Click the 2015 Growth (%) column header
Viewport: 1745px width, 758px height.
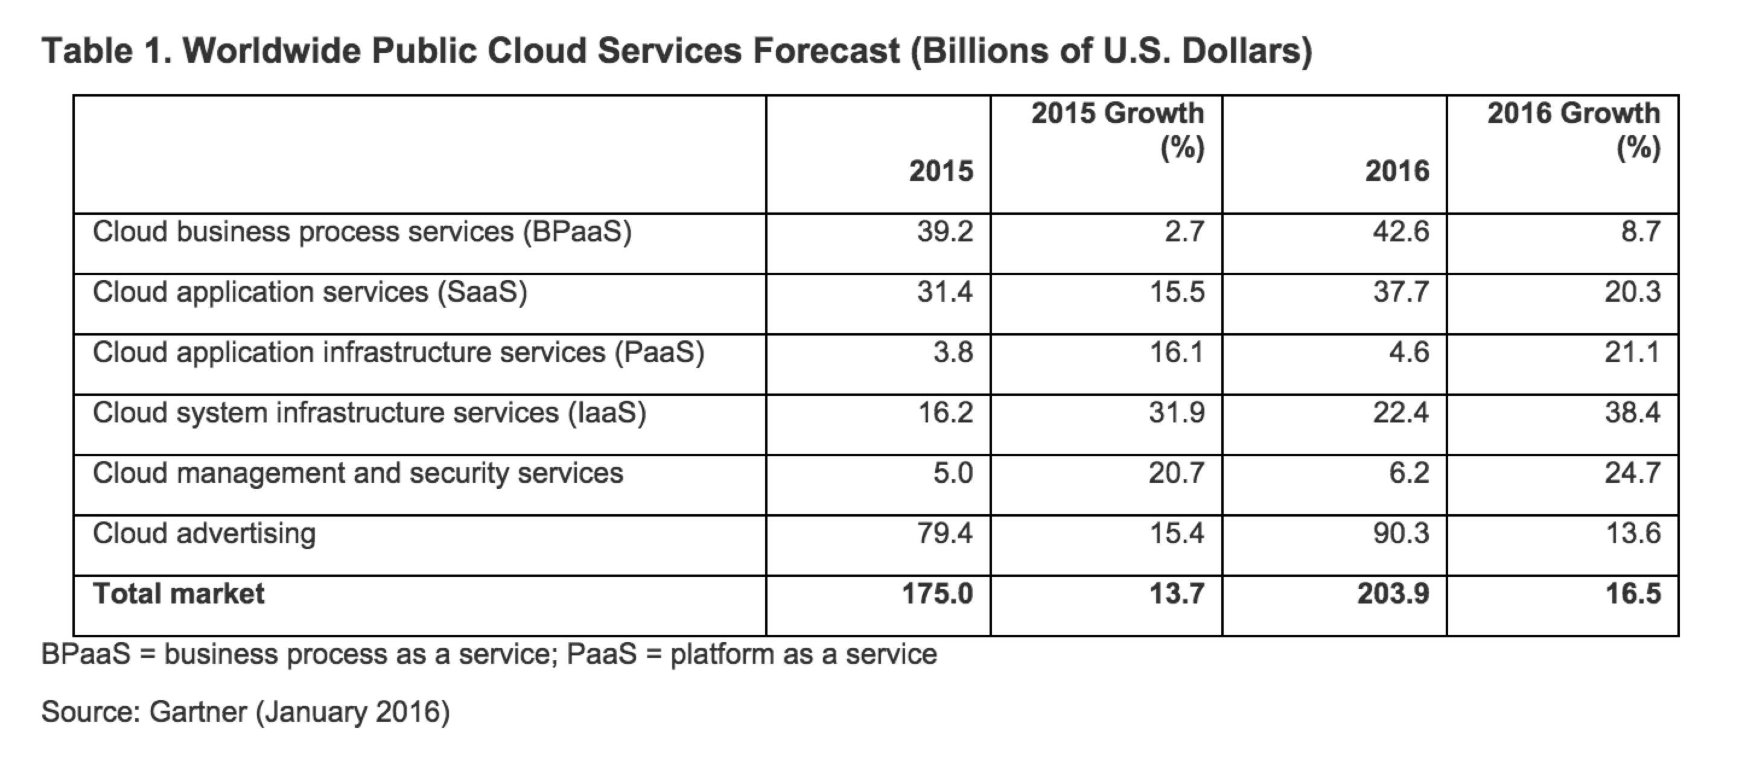pos(1117,130)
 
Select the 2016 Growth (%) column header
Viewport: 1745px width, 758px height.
pos(1574,130)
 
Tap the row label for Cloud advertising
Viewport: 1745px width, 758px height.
pos(204,533)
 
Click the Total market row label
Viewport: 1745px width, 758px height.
pos(178,594)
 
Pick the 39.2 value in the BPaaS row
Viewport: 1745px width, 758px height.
pos(945,232)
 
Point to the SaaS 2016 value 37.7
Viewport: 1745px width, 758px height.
pos(1401,292)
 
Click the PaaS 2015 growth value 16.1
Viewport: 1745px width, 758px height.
pos(1177,352)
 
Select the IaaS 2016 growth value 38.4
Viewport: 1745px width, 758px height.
pos(1633,413)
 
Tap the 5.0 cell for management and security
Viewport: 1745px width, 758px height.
pos(953,473)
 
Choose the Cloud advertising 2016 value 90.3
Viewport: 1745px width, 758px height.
pos(1401,533)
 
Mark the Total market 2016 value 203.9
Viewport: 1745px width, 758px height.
pos(1393,594)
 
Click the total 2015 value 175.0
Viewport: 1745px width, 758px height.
pos(938,594)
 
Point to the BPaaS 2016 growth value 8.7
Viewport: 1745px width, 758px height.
pos(1641,232)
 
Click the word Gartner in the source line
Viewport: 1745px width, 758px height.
pos(198,712)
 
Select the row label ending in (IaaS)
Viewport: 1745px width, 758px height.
pos(369,413)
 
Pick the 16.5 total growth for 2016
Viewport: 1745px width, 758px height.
pos(1633,594)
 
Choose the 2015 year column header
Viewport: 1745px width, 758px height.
pos(941,171)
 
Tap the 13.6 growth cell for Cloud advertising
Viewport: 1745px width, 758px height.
pos(1633,533)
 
